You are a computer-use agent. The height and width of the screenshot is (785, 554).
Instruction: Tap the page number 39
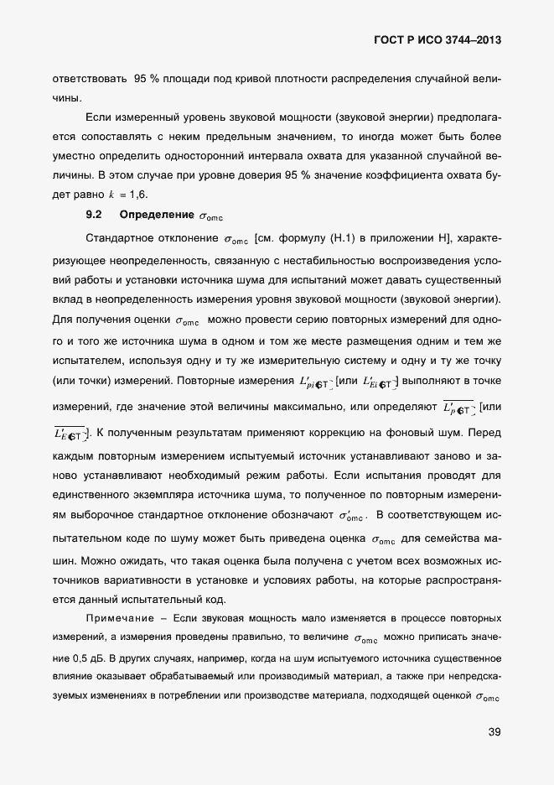tap(494, 732)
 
